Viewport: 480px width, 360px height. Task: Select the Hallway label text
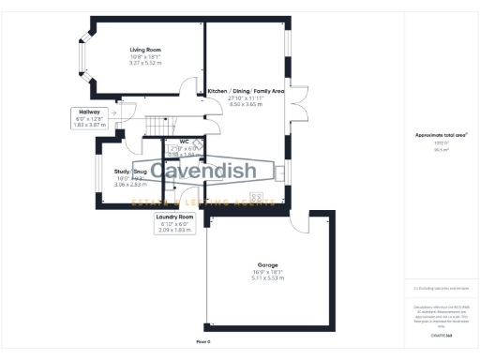90,111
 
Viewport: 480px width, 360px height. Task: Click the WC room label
185,142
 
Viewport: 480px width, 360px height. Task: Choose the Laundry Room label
175,217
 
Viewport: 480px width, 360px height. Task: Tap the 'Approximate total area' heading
435,135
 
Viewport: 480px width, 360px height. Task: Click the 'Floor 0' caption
202,341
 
